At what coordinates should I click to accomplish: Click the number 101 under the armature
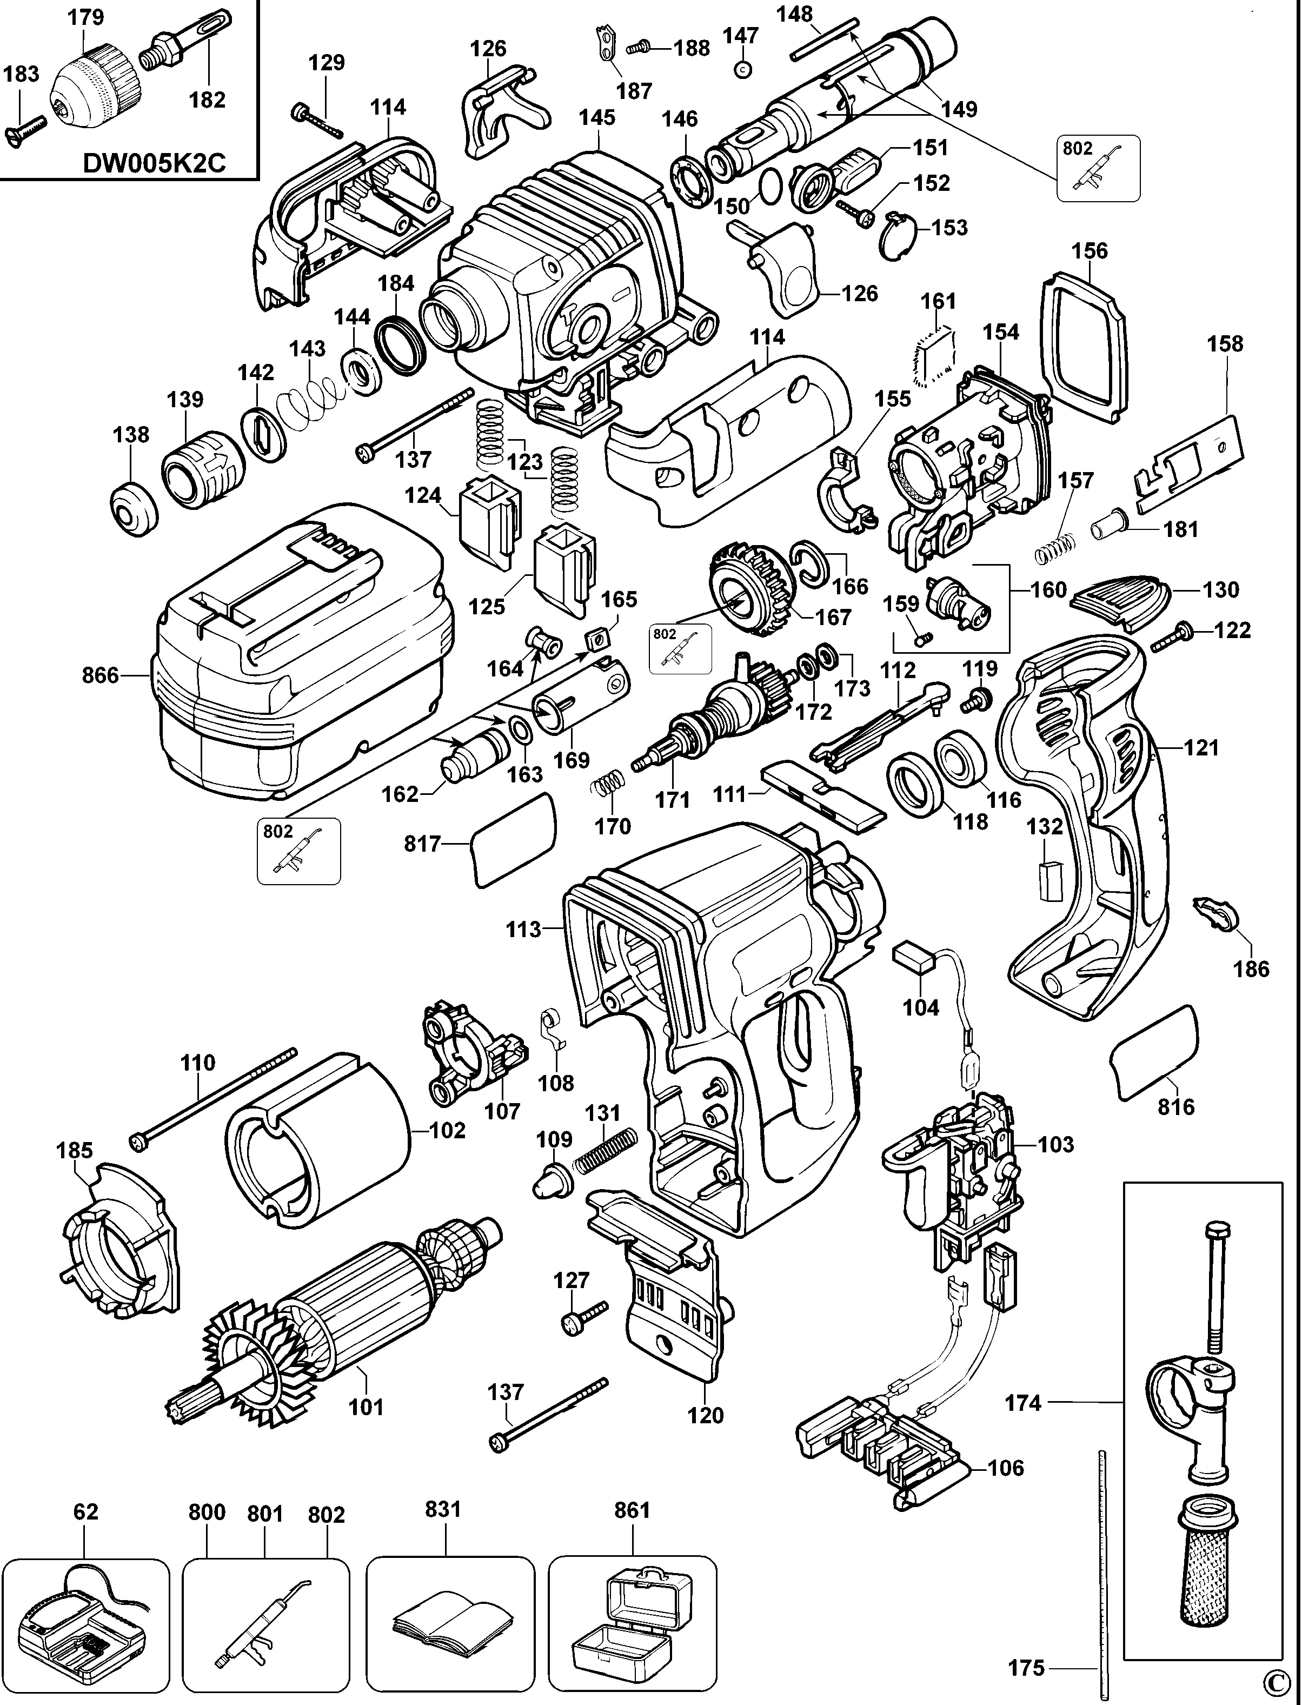click(366, 1407)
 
